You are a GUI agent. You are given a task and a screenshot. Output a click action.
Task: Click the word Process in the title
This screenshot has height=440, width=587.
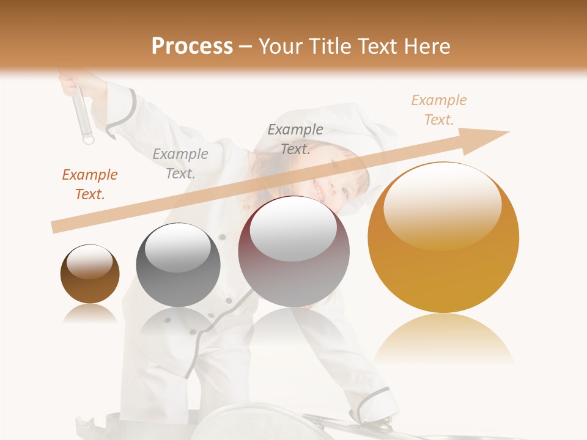pyautogui.click(x=192, y=46)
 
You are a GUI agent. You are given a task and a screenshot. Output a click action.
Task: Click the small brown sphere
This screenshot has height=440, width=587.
pyautogui.click(x=90, y=278)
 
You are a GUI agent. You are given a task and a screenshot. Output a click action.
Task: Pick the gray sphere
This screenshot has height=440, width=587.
pyautogui.click(x=178, y=269)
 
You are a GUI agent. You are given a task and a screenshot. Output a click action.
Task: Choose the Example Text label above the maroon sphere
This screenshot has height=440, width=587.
pyautogui.click(x=295, y=139)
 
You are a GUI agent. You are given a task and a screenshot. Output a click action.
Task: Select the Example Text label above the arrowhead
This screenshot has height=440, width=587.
pyautogui.click(x=439, y=110)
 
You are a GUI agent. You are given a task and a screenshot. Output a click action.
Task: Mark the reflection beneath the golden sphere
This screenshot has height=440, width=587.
pyautogui.click(x=443, y=339)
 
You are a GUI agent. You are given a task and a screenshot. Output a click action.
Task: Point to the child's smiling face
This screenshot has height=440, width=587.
pyautogui.click(x=333, y=183)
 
